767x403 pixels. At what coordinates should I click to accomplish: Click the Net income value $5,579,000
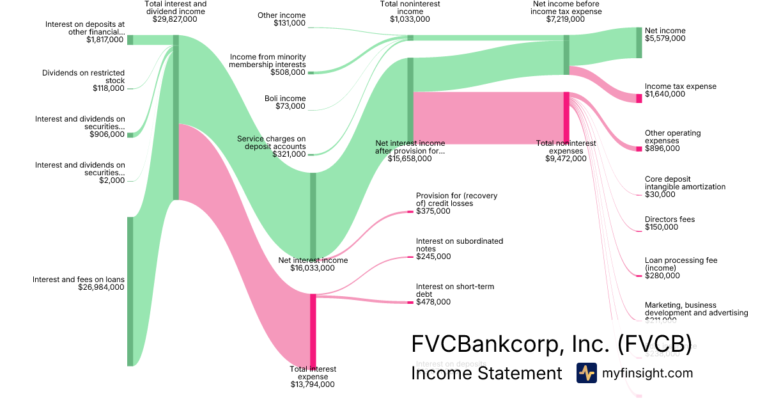(x=665, y=38)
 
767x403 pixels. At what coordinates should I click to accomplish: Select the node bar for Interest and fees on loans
(x=130, y=291)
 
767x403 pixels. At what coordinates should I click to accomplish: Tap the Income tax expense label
(x=680, y=86)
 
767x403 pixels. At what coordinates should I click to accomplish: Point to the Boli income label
(x=285, y=99)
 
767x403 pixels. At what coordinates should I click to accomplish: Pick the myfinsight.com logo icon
(x=586, y=373)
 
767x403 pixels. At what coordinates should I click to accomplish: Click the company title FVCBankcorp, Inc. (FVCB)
(x=551, y=344)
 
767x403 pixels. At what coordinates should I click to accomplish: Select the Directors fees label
(x=669, y=219)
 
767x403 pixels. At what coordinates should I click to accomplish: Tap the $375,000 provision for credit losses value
(x=433, y=211)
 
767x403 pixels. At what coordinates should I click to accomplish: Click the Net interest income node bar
(x=313, y=214)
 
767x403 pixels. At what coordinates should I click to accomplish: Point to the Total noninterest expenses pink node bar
(x=566, y=118)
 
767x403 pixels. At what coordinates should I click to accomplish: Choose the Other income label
(x=281, y=15)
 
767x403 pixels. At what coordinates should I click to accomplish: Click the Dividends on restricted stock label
(x=83, y=77)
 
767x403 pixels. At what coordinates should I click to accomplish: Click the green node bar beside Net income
(x=639, y=42)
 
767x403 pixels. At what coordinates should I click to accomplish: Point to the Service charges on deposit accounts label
(x=271, y=142)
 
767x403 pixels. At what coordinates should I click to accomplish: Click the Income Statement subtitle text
(x=486, y=373)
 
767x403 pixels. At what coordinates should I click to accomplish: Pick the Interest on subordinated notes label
(x=459, y=245)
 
